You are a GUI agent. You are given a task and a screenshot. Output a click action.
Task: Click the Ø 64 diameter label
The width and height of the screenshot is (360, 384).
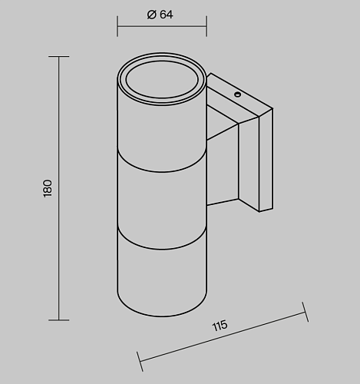click(160, 15)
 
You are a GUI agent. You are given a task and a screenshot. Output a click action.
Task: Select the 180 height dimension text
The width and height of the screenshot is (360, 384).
click(48, 188)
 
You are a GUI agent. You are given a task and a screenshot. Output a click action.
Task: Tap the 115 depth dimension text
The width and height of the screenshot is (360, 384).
click(220, 326)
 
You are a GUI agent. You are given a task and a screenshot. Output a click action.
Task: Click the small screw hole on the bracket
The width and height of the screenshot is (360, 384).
click(238, 94)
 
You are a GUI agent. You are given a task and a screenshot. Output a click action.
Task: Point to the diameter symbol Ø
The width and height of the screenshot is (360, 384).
click(151, 15)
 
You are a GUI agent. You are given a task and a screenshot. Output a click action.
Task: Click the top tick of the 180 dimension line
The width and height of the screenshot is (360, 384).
click(59, 56)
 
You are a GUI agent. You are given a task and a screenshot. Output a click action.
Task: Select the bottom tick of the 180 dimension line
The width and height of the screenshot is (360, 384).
click(59, 320)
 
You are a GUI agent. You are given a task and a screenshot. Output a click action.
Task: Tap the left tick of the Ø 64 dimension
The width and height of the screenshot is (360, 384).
click(117, 26)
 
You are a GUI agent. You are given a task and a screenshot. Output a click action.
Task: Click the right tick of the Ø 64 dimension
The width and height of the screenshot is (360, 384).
click(206, 26)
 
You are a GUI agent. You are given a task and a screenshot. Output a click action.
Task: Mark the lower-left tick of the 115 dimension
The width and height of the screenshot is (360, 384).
click(140, 362)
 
